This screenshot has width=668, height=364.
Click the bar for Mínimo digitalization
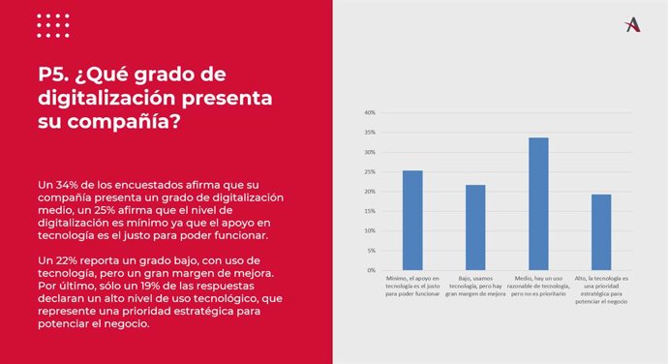coord(412,220)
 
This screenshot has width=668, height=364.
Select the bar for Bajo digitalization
coord(475,227)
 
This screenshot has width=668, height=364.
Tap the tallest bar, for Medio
coord(538,203)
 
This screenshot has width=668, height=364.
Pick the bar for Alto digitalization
coord(601,232)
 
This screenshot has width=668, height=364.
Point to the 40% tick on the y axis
coord(370,112)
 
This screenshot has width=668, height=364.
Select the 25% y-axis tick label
coord(370,171)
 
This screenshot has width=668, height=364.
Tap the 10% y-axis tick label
coord(370,230)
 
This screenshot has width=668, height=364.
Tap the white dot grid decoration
coord(52,26)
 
